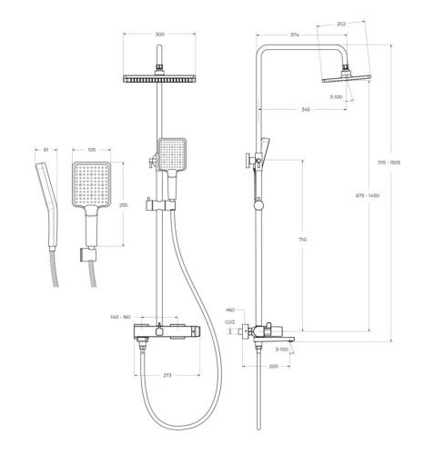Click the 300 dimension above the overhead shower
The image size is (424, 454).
161,34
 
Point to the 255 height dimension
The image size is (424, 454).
123,205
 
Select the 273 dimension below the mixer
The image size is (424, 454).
167,373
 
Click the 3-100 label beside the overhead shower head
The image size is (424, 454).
339,97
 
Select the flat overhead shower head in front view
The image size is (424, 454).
161,83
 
